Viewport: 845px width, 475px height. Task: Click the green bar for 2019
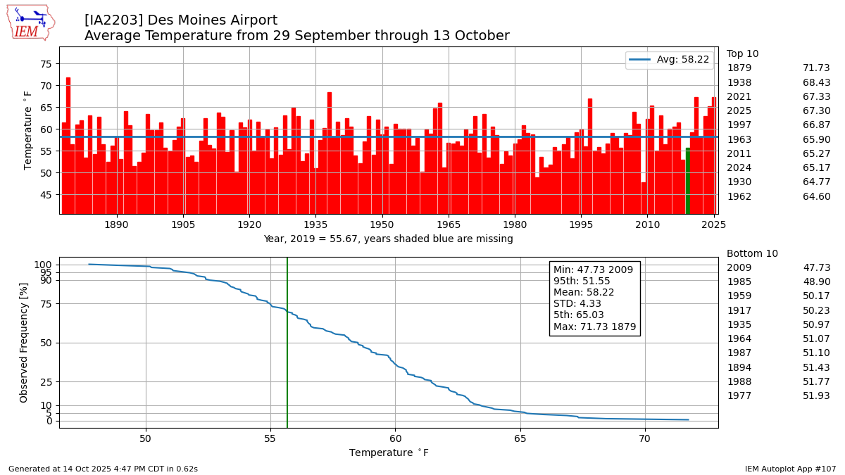tap(688, 181)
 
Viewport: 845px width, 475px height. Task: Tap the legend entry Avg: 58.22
tap(669, 60)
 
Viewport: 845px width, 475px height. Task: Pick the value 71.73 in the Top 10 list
tap(816, 68)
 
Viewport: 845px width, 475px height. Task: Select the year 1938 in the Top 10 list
tap(739, 82)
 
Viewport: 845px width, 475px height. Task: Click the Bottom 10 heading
tap(752, 253)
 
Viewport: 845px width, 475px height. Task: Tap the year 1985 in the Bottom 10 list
tap(739, 282)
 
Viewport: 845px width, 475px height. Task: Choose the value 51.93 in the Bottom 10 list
tap(816, 396)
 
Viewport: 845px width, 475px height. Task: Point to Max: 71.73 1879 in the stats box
tap(594, 327)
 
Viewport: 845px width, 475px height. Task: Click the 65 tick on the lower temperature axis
tap(520, 438)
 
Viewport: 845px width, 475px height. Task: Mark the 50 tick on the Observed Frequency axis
tap(46, 343)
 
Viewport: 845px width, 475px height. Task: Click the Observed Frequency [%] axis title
tap(24, 342)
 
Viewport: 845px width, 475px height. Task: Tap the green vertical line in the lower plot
tap(287, 352)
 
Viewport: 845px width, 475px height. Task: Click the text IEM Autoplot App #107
tap(790, 469)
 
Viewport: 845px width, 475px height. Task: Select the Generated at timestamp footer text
tap(103, 469)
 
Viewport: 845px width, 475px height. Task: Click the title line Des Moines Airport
tap(181, 20)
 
